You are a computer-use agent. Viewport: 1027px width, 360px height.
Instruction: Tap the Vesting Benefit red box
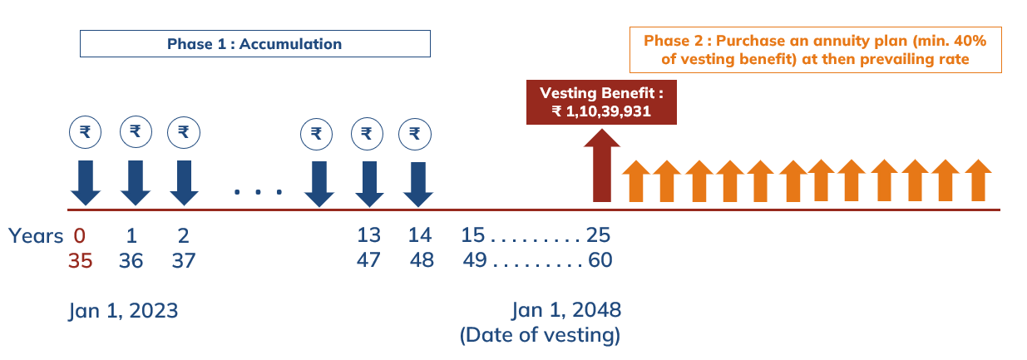coord(601,101)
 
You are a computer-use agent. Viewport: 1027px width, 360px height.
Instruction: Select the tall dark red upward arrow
coord(601,165)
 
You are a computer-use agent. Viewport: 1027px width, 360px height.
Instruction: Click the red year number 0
coord(79,236)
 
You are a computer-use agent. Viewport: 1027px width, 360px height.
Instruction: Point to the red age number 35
coord(80,260)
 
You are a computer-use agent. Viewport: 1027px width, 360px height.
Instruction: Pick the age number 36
coord(131,260)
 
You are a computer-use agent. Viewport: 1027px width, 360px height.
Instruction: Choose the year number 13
coord(368,235)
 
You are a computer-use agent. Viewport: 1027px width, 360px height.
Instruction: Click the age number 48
coord(422,260)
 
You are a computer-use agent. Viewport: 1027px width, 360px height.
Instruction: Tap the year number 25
coord(598,234)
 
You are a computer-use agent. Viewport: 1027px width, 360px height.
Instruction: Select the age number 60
coord(600,260)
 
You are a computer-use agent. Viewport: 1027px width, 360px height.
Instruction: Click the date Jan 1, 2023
coord(123,311)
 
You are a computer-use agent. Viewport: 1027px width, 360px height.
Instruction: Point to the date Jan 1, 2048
coord(566,310)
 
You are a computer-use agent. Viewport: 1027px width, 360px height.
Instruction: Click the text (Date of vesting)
coord(540,335)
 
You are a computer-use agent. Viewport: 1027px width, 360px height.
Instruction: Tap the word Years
coord(36,236)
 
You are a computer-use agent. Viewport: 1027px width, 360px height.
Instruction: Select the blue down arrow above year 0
coord(86,183)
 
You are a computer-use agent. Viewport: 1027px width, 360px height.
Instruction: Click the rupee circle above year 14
coord(415,134)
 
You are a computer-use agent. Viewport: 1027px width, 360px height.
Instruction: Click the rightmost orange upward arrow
coord(978,180)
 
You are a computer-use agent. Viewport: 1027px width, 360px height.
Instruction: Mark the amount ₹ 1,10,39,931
coord(601,111)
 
